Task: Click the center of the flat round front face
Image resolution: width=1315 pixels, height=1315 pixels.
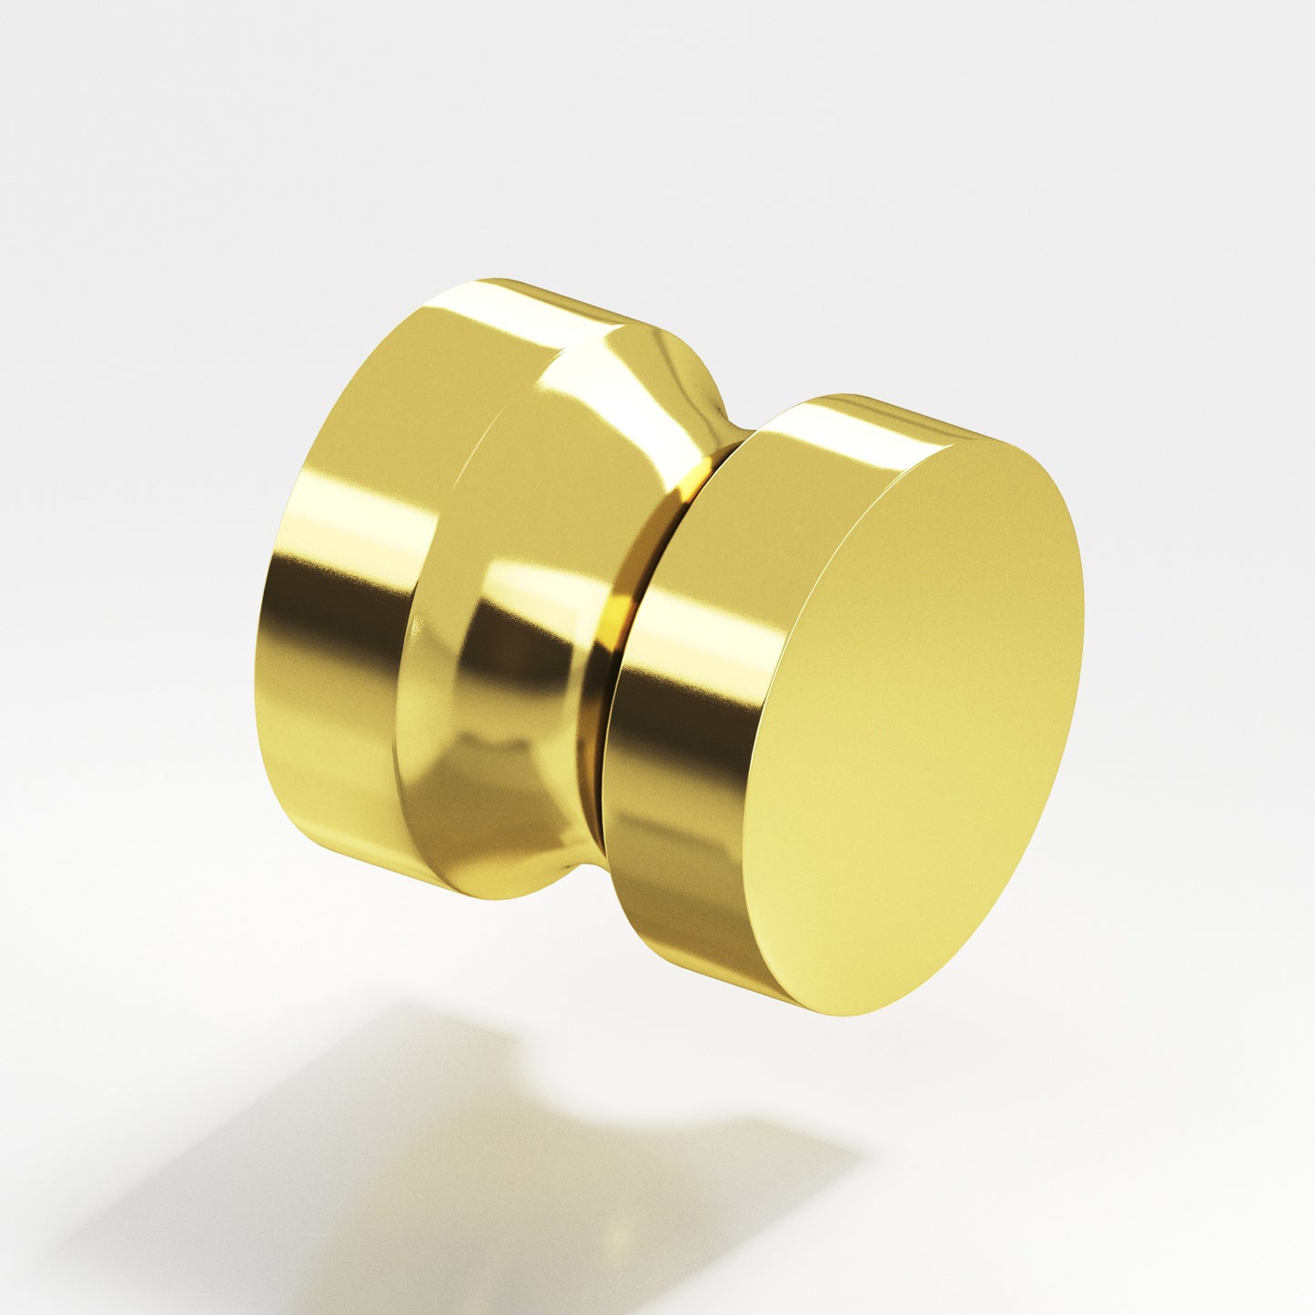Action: click(919, 719)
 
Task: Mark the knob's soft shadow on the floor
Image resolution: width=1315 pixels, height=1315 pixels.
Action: click(455, 1165)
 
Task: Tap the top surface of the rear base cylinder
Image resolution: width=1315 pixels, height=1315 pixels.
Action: click(528, 300)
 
